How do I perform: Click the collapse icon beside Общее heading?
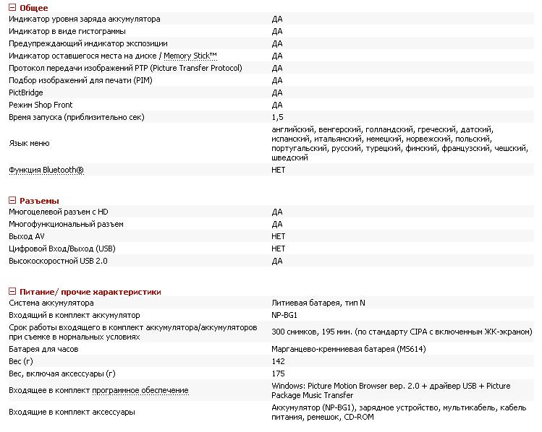click(x=12, y=7)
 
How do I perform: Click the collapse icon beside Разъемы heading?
click(x=12, y=200)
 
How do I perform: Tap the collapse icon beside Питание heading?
click(x=12, y=291)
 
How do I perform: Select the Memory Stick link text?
click(x=190, y=56)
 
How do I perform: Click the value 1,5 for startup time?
click(x=278, y=117)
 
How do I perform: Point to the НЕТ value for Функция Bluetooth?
click(x=279, y=170)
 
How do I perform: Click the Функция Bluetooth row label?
click(x=46, y=170)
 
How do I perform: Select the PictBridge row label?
click(x=26, y=92)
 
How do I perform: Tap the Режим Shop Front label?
click(x=41, y=105)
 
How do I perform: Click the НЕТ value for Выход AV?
click(x=279, y=236)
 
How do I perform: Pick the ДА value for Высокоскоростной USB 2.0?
click(x=277, y=261)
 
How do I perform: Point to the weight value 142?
click(x=279, y=361)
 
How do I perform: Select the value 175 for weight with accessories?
click(x=279, y=373)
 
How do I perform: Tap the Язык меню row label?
click(x=29, y=143)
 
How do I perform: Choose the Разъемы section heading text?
click(x=39, y=200)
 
